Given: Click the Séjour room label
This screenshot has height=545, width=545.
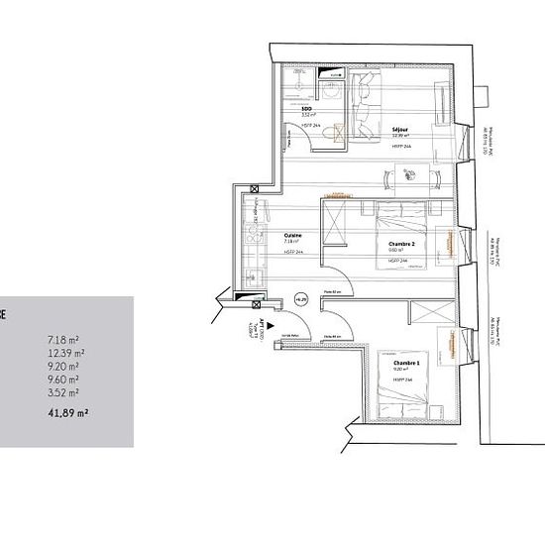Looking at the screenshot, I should (x=372, y=129).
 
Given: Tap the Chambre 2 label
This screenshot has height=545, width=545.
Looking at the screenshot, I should (x=400, y=244).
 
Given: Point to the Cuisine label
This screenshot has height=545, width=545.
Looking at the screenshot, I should (x=292, y=234).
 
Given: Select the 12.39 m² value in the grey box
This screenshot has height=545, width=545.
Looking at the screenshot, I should (x=66, y=352).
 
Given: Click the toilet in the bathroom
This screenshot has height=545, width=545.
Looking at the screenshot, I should (x=334, y=129).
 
